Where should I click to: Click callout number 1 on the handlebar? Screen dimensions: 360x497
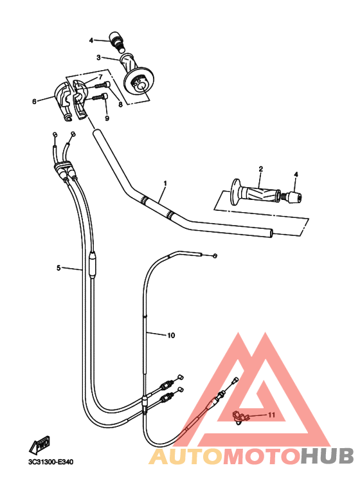[165, 183]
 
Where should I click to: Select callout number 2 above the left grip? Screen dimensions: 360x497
[261, 168]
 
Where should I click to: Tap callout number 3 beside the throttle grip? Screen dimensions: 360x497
[98, 57]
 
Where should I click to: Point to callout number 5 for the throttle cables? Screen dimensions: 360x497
[59, 268]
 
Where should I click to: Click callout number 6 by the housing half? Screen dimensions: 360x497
[34, 102]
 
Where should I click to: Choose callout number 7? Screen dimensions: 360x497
[100, 77]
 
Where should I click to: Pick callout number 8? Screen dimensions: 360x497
[120, 104]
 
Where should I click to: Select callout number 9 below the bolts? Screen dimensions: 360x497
[107, 118]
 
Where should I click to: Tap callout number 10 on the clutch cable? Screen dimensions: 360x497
[171, 335]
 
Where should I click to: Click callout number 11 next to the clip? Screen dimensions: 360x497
[271, 415]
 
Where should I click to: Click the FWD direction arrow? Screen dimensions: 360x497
[40, 444]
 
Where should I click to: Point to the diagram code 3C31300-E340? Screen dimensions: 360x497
[51, 462]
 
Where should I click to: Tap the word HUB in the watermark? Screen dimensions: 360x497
[327, 456]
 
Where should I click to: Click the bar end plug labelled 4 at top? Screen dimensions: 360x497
[116, 41]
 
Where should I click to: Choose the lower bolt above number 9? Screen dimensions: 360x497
[100, 96]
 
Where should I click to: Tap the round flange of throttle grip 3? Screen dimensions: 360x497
[139, 82]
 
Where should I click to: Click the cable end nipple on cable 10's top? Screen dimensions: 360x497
[215, 256]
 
